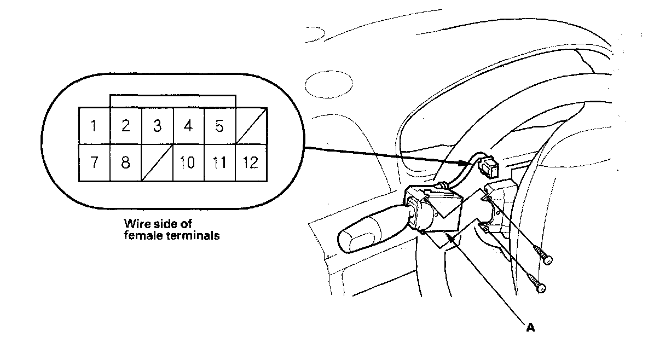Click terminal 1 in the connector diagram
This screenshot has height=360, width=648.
click(94, 126)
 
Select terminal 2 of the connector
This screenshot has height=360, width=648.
click(126, 126)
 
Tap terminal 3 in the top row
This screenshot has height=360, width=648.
click(157, 126)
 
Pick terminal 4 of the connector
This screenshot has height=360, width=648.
click(188, 126)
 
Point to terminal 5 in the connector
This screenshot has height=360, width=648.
click(219, 126)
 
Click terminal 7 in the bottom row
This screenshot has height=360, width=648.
click(94, 162)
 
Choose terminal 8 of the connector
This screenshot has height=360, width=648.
click(126, 162)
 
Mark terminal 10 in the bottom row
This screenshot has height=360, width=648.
click(188, 162)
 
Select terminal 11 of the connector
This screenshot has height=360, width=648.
click(219, 162)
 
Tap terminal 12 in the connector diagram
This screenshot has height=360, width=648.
click(251, 162)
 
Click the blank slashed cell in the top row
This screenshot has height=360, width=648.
click(251, 126)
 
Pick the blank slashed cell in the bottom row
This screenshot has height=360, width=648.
click(157, 162)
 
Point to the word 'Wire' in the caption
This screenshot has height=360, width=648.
click(136, 224)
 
